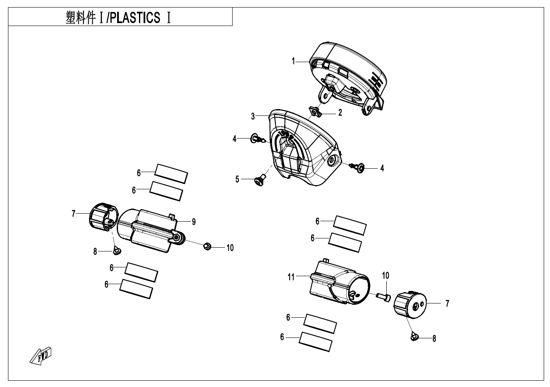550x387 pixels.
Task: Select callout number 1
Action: click(294, 62)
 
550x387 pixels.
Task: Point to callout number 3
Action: click(253, 117)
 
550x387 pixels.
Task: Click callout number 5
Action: click(238, 179)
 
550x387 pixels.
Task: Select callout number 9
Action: click(194, 222)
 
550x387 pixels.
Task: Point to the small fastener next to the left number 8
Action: click(116, 251)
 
